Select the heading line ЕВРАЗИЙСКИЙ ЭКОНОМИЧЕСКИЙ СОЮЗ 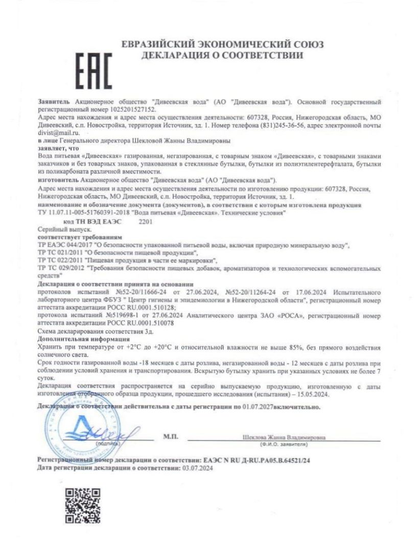click(x=222, y=45)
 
